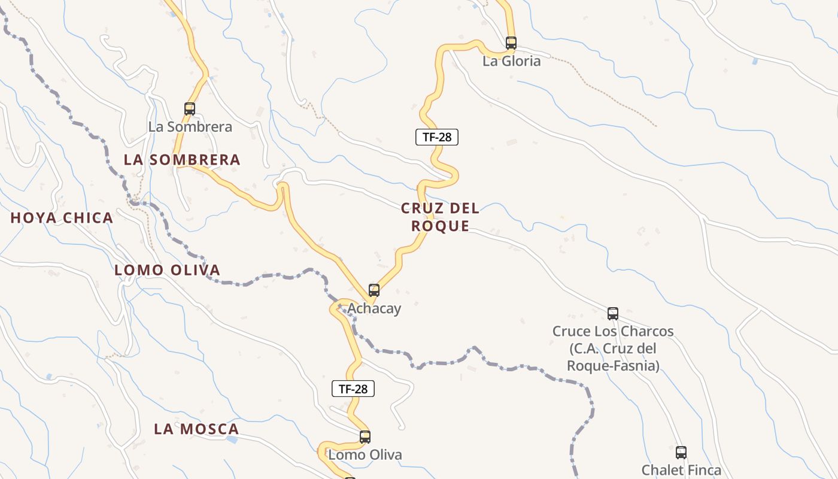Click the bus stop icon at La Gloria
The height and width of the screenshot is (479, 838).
pyautogui.click(x=511, y=43)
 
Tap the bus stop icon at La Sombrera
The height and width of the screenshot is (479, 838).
pyautogui.click(x=190, y=108)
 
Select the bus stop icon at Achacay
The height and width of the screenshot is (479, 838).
pyautogui.click(x=374, y=290)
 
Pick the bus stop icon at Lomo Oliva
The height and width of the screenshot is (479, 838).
pyautogui.click(x=365, y=436)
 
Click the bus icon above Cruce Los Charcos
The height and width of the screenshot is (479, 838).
pyautogui.click(x=613, y=313)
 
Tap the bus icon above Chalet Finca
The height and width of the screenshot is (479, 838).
pyautogui.click(x=681, y=452)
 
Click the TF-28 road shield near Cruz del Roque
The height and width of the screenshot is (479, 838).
pyautogui.click(x=437, y=137)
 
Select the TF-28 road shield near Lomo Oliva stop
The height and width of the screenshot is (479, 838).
pyautogui.click(x=353, y=389)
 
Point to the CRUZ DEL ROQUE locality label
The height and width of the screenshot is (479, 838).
pyautogui.click(x=440, y=217)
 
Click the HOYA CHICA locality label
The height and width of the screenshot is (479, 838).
pyautogui.click(x=62, y=218)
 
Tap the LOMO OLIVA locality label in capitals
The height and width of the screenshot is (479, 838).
pyautogui.click(x=167, y=270)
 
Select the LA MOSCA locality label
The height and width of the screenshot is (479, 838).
pyautogui.click(x=196, y=429)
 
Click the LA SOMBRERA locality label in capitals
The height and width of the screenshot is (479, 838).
pyautogui.click(x=182, y=160)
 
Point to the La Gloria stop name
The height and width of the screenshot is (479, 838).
pyautogui.click(x=511, y=61)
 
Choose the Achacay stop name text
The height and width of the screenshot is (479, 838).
pyautogui.click(x=374, y=309)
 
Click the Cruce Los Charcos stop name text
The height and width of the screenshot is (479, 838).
pyautogui.click(x=613, y=332)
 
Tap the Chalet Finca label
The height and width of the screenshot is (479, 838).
pyautogui.click(x=681, y=471)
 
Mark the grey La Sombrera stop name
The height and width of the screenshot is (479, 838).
pyautogui.click(x=190, y=127)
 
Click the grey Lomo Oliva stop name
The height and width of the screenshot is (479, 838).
pyautogui.click(x=365, y=455)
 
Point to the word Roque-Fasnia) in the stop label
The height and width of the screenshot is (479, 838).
pyautogui.click(x=613, y=365)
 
